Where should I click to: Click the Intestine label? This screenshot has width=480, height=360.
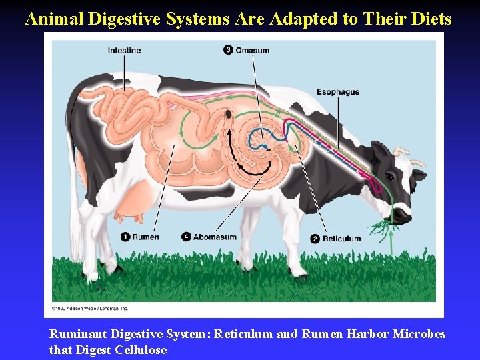124,50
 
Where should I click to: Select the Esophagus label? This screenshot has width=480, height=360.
337,92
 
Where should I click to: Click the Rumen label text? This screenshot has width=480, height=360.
145,237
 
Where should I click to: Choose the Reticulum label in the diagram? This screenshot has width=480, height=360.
341,238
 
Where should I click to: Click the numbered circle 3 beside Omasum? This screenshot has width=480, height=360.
228,50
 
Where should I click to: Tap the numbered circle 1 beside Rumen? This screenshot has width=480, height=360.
125,237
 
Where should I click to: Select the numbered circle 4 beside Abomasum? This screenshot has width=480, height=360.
187,237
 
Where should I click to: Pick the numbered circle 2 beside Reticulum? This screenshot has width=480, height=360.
315,238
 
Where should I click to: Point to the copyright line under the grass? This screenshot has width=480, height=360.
89,308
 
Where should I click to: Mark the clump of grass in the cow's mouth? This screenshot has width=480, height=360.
381,227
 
